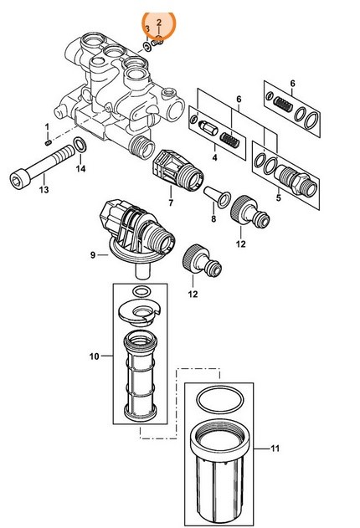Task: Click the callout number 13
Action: pos(44,190)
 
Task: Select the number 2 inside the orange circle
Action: pos(158,28)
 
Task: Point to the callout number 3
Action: pos(147,28)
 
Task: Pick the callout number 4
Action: pos(215,156)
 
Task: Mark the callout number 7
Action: pos(171,203)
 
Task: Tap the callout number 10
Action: pos(95,356)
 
